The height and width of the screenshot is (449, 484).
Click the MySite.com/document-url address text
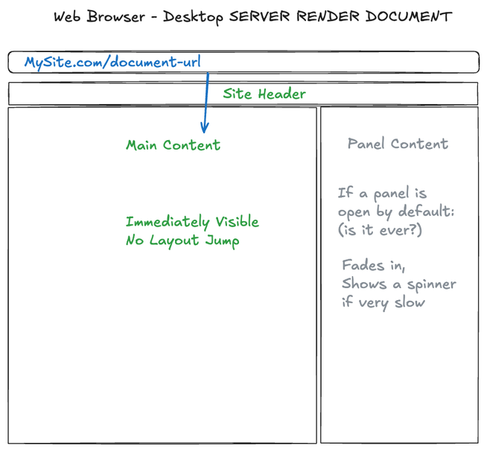point(112,63)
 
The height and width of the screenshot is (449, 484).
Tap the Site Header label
point(264,94)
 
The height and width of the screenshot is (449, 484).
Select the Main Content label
point(173,145)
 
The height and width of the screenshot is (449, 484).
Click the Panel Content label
point(398,144)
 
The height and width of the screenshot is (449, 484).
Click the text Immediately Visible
point(192,222)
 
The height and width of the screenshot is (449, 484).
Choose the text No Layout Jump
point(182,241)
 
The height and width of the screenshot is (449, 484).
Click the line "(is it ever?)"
point(380,231)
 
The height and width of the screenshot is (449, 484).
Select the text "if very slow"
point(383,302)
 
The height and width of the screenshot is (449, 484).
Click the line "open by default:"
point(395,212)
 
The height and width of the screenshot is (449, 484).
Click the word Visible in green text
point(237,222)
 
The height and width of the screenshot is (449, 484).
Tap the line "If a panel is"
point(382,194)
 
